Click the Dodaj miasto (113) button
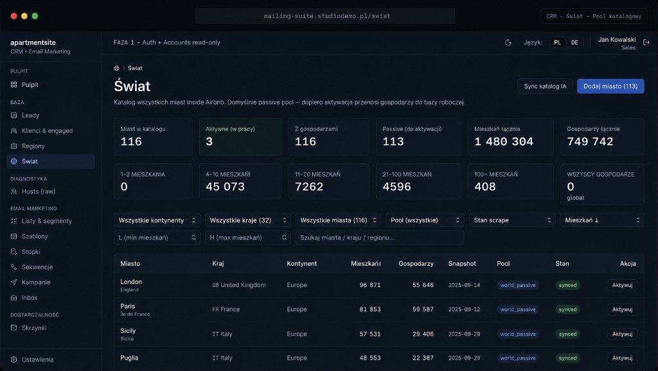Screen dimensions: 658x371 pyautogui.click(x=610, y=87)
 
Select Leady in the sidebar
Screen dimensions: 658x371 pyautogui.click(x=30, y=116)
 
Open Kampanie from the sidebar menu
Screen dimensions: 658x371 pyautogui.click(x=36, y=282)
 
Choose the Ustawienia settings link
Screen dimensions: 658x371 pyautogui.click(x=37, y=359)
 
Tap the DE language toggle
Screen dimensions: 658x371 pyautogui.click(x=574, y=42)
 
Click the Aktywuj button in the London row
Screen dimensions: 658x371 pyautogui.click(x=622, y=285)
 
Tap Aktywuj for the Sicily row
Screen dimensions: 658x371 pyautogui.click(x=622, y=334)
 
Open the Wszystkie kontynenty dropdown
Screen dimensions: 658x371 pyautogui.click(x=157, y=220)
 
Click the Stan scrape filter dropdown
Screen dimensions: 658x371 pyautogui.click(x=512, y=220)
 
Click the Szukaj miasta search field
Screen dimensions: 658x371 pyautogui.click(x=380, y=237)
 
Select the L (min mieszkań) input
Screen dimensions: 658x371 pyautogui.click(x=157, y=237)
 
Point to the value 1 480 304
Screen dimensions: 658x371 pyautogui.click(x=504, y=142)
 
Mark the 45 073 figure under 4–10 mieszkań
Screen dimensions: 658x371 pyautogui.click(x=225, y=187)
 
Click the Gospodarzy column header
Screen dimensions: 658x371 pyautogui.click(x=416, y=264)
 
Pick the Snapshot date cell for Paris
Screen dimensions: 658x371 pyautogui.click(x=464, y=309)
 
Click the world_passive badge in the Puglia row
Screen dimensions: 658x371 pyautogui.click(x=518, y=358)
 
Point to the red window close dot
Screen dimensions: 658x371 pyautogui.click(x=14, y=16)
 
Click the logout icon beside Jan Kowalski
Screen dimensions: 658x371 pyautogui.click(x=646, y=42)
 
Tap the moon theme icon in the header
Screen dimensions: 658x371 pyautogui.click(x=508, y=42)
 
